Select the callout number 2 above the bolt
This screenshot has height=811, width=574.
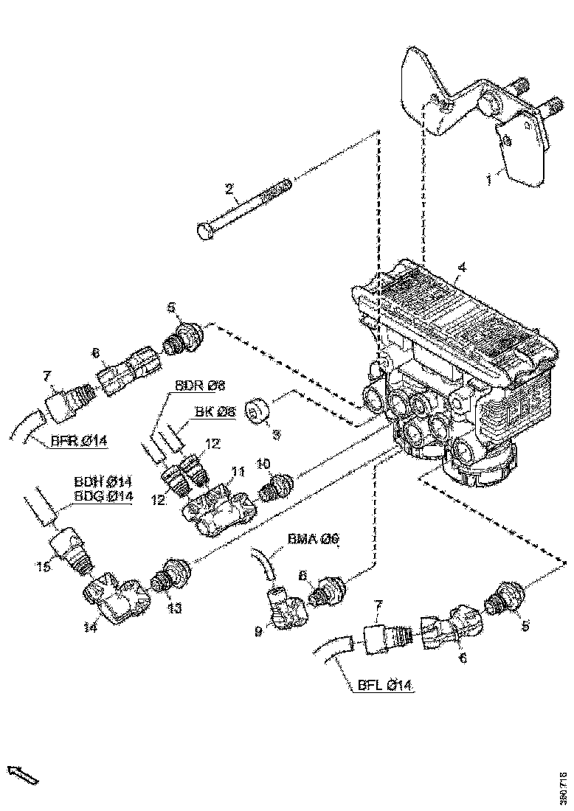pos(230,191)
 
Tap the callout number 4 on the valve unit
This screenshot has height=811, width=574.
pos(462,267)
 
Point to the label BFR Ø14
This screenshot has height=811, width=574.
pos(80,442)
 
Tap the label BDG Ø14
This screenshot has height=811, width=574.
pos(103,496)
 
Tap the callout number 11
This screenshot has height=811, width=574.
pos(238,471)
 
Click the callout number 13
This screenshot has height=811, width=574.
pos(173,609)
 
